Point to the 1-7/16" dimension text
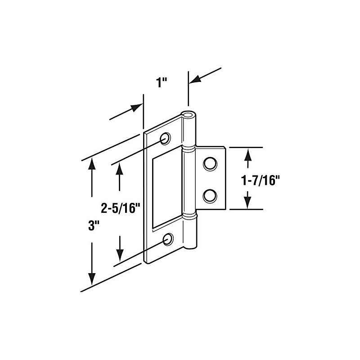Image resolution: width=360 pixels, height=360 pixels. [x=261, y=180]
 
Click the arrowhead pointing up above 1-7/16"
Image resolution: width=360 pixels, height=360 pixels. [x=247, y=155]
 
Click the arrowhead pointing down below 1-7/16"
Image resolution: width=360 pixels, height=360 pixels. [x=247, y=201]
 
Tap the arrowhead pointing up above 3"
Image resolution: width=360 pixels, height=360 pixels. [x=92, y=165]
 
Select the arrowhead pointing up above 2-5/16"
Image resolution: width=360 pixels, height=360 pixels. [x=120, y=169]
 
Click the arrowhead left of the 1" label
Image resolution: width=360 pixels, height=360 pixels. [x=137, y=107]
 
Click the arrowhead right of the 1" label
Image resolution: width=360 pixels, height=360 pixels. [x=195, y=80]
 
